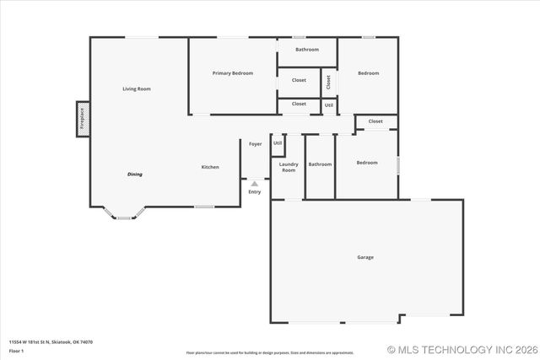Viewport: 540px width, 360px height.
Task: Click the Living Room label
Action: tap(137, 89)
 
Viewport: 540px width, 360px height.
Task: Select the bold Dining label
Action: tap(135, 174)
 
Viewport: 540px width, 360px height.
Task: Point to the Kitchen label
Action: tap(210, 167)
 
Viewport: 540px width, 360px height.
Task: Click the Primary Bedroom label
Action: tap(232, 73)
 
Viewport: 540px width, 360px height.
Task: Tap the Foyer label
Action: tap(255, 144)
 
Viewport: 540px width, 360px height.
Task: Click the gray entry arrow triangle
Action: tap(254, 182)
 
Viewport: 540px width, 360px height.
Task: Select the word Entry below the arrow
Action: tap(254, 191)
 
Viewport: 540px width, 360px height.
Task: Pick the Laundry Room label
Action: tap(289, 167)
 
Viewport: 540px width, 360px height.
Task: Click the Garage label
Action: tap(365, 257)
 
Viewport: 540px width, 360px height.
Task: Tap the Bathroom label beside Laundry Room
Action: tap(320, 164)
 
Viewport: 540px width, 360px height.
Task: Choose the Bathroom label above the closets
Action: tap(307, 50)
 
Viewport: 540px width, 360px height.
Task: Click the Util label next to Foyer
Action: tap(278, 142)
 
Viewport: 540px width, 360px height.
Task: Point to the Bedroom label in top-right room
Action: tap(368, 73)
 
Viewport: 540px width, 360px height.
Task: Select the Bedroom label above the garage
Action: tap(366, 162)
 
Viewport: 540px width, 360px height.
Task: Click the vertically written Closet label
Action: tap(329, 83)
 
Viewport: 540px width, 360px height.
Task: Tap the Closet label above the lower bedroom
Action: tap(375, 121)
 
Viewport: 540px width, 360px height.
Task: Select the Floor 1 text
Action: tap(17, 350)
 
